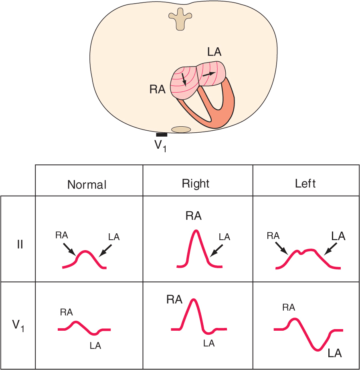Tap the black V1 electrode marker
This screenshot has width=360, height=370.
pos(162,135)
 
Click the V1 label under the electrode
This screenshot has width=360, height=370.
pos(160,146)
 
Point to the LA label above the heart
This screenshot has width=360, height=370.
pos(214,52)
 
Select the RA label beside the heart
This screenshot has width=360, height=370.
pos(158,89)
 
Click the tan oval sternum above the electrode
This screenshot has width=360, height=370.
pos(181,129)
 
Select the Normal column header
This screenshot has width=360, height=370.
pos(87,185)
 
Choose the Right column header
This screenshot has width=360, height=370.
pos(196,184)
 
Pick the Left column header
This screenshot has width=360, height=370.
pos(305,184)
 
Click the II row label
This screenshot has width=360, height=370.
pos(20,244)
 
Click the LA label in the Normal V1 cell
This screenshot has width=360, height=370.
pos(95,346)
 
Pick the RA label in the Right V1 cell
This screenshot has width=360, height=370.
pos(174,299)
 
